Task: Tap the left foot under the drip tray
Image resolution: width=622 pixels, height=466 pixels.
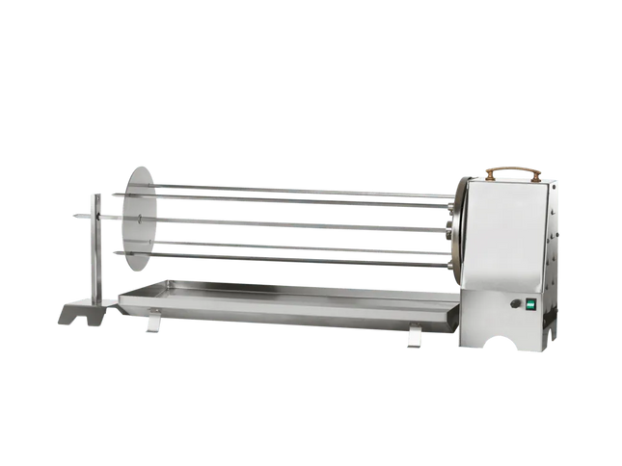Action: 151,325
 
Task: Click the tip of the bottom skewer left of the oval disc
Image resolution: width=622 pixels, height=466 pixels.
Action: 115,252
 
